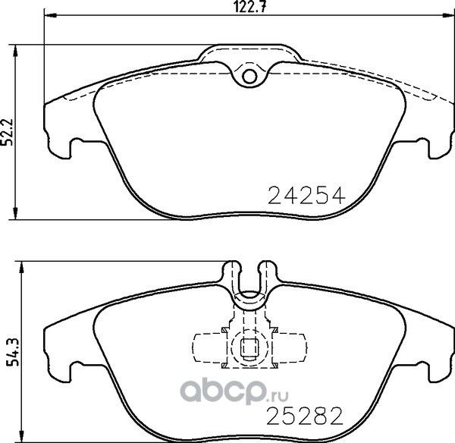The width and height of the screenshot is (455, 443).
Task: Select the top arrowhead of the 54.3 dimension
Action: click(x=23, y=265)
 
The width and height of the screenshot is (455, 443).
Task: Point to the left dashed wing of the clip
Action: click(x=204, y=348)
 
